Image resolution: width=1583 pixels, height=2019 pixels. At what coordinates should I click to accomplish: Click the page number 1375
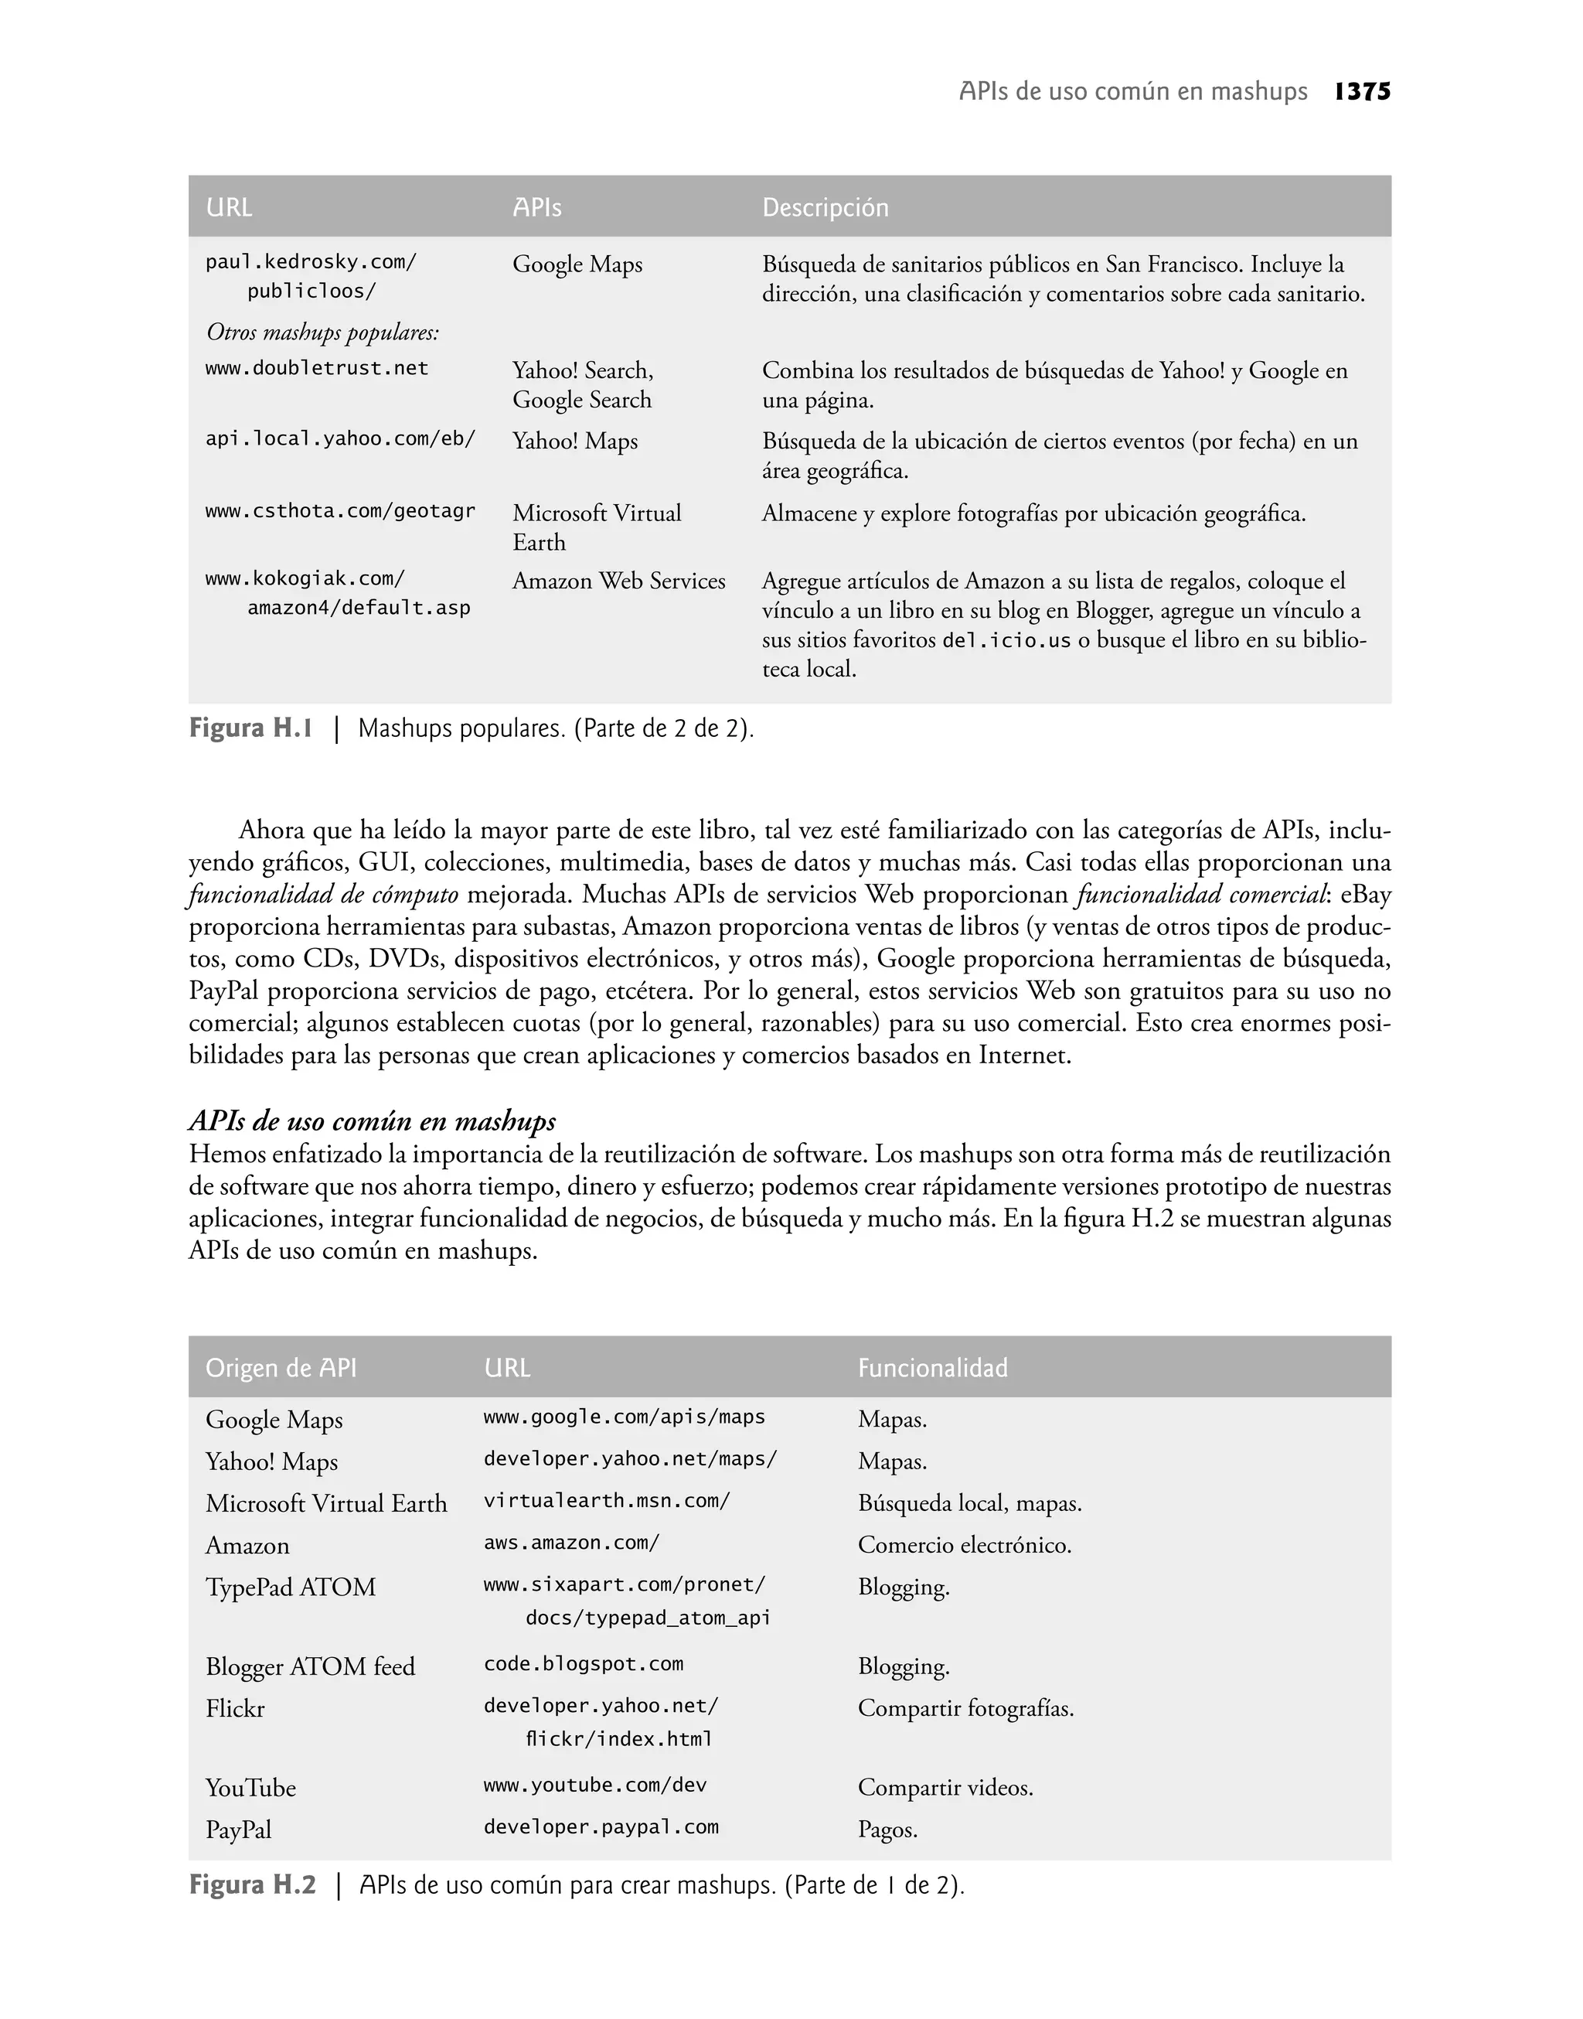click(x=1363, y=92)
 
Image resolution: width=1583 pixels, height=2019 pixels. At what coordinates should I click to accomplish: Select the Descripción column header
click(x=825, y=208)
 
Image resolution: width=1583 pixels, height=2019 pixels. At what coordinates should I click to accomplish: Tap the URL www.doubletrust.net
click(x=317, y=369)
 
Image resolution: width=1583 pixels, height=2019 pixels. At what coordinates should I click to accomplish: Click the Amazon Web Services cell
click(x=618, y=581)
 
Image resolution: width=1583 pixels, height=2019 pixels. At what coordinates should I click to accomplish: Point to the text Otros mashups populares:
click(x=322, y=332)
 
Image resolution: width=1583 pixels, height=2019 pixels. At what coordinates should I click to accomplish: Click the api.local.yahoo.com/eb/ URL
click(x=340, y=439)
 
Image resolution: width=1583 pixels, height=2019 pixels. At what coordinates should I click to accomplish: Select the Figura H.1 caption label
click(x=250, y=728)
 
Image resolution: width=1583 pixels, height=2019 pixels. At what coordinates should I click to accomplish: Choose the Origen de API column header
click(x=281, y=1368)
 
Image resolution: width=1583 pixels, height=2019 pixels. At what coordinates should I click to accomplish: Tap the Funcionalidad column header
click(x=932, y=1368)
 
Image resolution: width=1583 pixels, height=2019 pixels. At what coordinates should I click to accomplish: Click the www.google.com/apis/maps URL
click(x=624, y=1417)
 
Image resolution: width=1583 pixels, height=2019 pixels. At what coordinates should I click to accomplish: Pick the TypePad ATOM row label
click(x=290, y=1587)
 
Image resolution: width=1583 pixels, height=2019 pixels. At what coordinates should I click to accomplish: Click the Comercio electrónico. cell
click(x=964, y=1545)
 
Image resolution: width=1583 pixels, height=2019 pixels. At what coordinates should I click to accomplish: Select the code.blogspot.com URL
click(x=583, y=1664)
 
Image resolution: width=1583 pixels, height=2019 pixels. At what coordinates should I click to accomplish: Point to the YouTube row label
click(x=250, y=1788)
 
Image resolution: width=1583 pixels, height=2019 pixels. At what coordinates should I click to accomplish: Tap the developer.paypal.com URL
click(x=601, y=1828)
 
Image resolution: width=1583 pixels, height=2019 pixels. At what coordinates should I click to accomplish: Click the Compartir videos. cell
click(x=945, y=1788)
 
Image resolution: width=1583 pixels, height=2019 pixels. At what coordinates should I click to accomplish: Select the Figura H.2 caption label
click(x=252, y=1885)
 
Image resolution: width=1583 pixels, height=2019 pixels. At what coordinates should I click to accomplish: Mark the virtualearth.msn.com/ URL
click(x=606, y=1502)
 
